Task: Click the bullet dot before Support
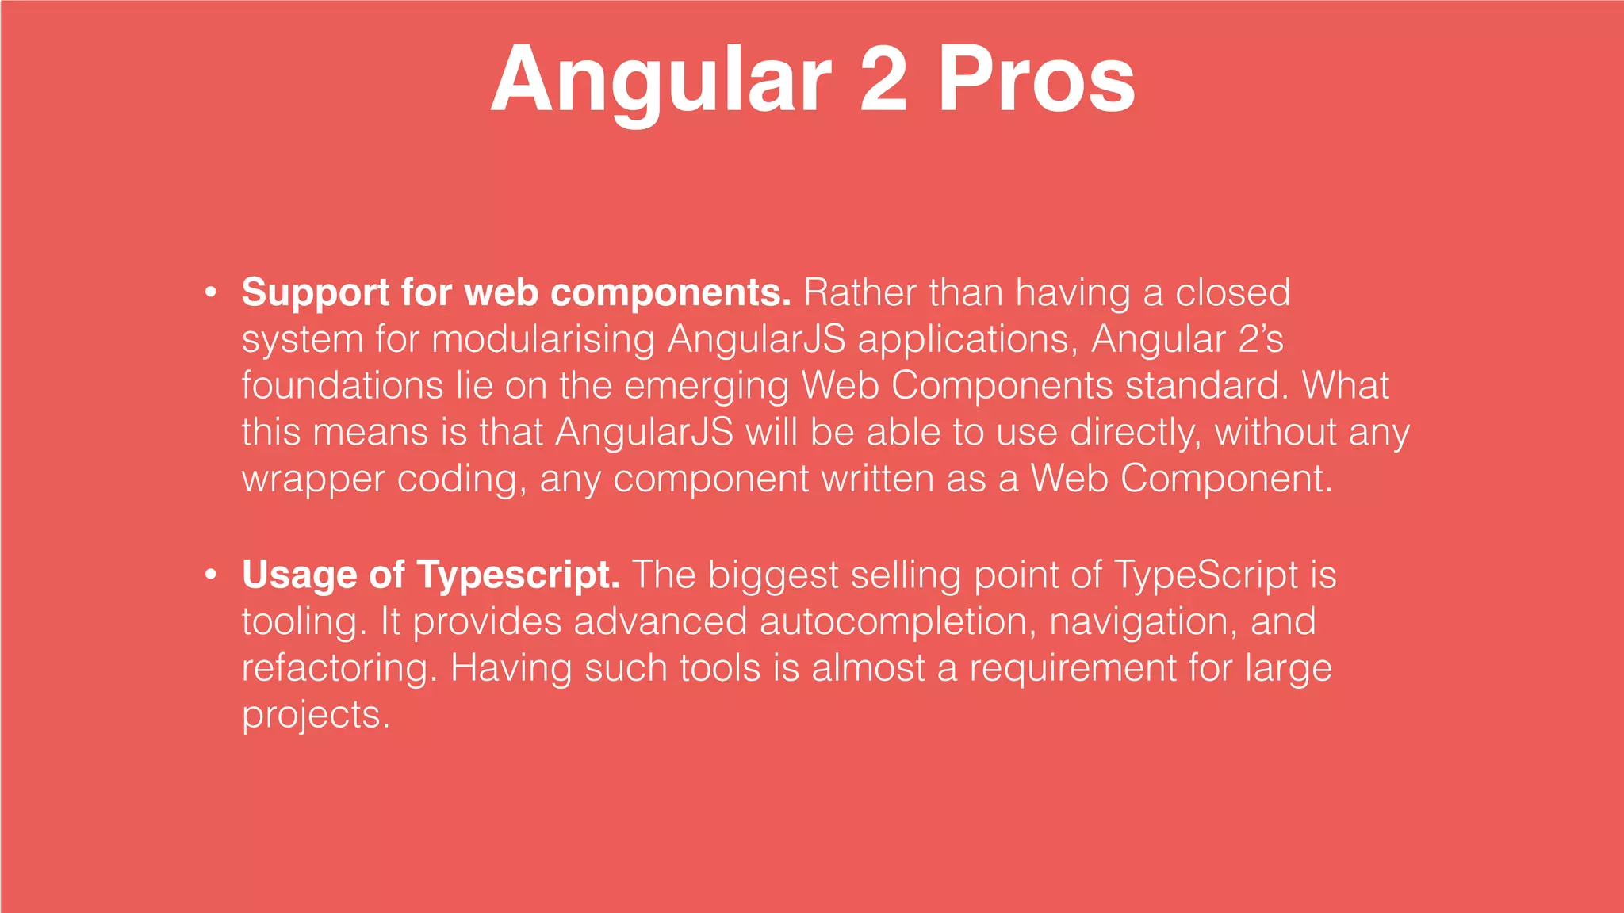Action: [210, 292]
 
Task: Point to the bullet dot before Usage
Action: [210, 575]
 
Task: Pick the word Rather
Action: [860, 292]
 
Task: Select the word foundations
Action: [342, 386]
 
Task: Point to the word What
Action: [1345, 386]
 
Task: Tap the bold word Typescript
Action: [518, 575]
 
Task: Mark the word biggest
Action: [772, 575]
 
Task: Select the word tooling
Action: [304, 622]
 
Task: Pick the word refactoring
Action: [339, 669]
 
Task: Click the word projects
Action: [316, 716]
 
